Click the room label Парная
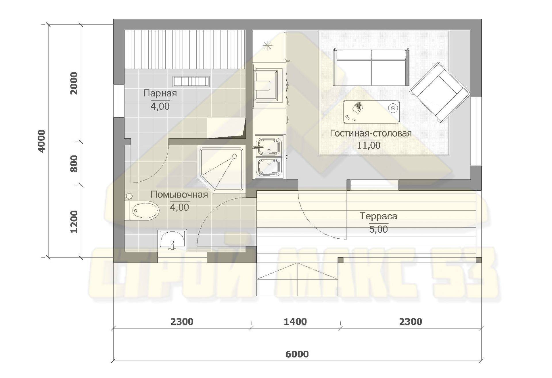160,93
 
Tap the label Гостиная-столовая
371,133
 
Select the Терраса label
378,216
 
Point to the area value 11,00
369,145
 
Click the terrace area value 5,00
378,229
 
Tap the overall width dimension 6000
297,354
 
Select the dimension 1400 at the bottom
295,322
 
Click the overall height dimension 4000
42,141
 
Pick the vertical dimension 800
74,164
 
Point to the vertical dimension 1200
74,222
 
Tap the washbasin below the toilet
172,240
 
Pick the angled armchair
440,92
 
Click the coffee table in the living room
371,112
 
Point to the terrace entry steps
297,280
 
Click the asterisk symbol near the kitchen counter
268,46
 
